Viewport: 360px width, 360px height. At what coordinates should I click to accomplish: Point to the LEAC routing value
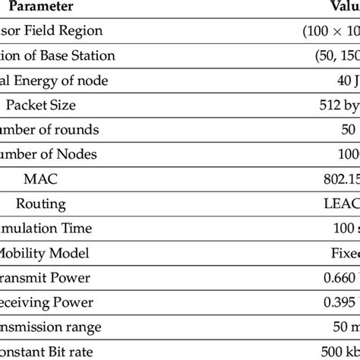[x=339, y=204]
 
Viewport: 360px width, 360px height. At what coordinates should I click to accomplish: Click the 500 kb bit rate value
[x=338, y=352]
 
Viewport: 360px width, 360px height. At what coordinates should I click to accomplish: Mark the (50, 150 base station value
[x=331, y=55]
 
